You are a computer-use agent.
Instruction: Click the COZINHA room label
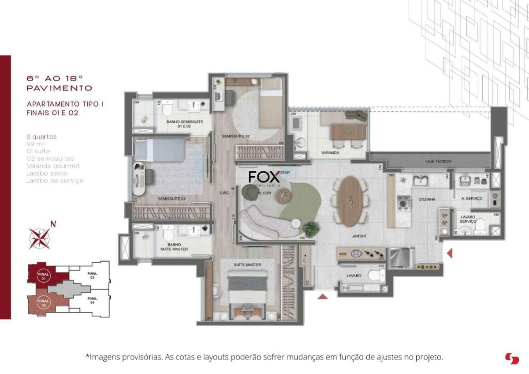click(x=427, y=200)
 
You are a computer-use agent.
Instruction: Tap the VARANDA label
click(x=330, y=153)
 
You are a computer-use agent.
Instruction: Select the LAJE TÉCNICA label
click(x=438, y=162)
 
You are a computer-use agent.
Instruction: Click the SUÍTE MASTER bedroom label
click(x=247, y=265)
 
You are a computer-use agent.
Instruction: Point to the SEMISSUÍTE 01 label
click(x=171, y=199)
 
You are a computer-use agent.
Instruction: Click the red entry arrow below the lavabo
click(x=323, y=297)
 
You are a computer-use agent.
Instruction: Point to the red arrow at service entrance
click(x=450, y=253)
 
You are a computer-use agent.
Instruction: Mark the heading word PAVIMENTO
click(x=60, y=88)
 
